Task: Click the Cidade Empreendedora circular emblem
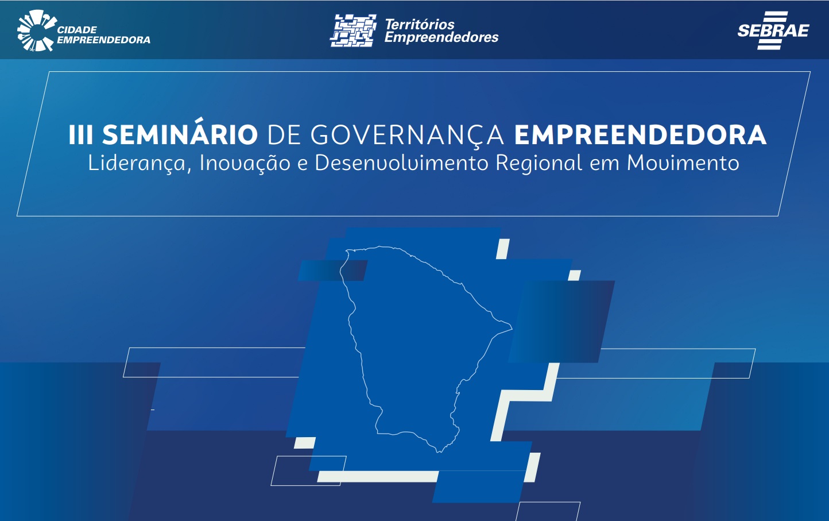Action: pyautogui.click(x=36, y=31)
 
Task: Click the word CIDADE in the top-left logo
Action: pyautogui.click(x=77, y=30)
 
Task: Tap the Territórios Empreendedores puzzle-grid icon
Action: pyautogui.click(x=353, y=30)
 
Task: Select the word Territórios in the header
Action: pyautogui.click(x=420, y=25)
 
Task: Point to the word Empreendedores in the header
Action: pyautogui.click(x=441, y=37)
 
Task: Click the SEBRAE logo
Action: pyautogui.click(x=773, y=30)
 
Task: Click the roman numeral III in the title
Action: pyautogui.click(x=80, y=135)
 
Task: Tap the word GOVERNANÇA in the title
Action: pyautogui.click(x=407, y=136)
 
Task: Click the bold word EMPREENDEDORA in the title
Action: pyautogui.click(x=640, y=135)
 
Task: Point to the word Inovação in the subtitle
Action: pyautogui.click(x=245, y=163)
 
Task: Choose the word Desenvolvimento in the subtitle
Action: pyautogui.click(x=401, y=163)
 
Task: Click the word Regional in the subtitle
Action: pyautogui.click(x=539, y=163)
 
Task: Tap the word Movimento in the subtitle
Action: pyautogui.click(x=683, y=163)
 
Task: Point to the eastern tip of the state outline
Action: pyautogui.click(x=512, y=328)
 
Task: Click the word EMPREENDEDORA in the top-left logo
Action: pyautogui.click(x=103, y=40)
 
